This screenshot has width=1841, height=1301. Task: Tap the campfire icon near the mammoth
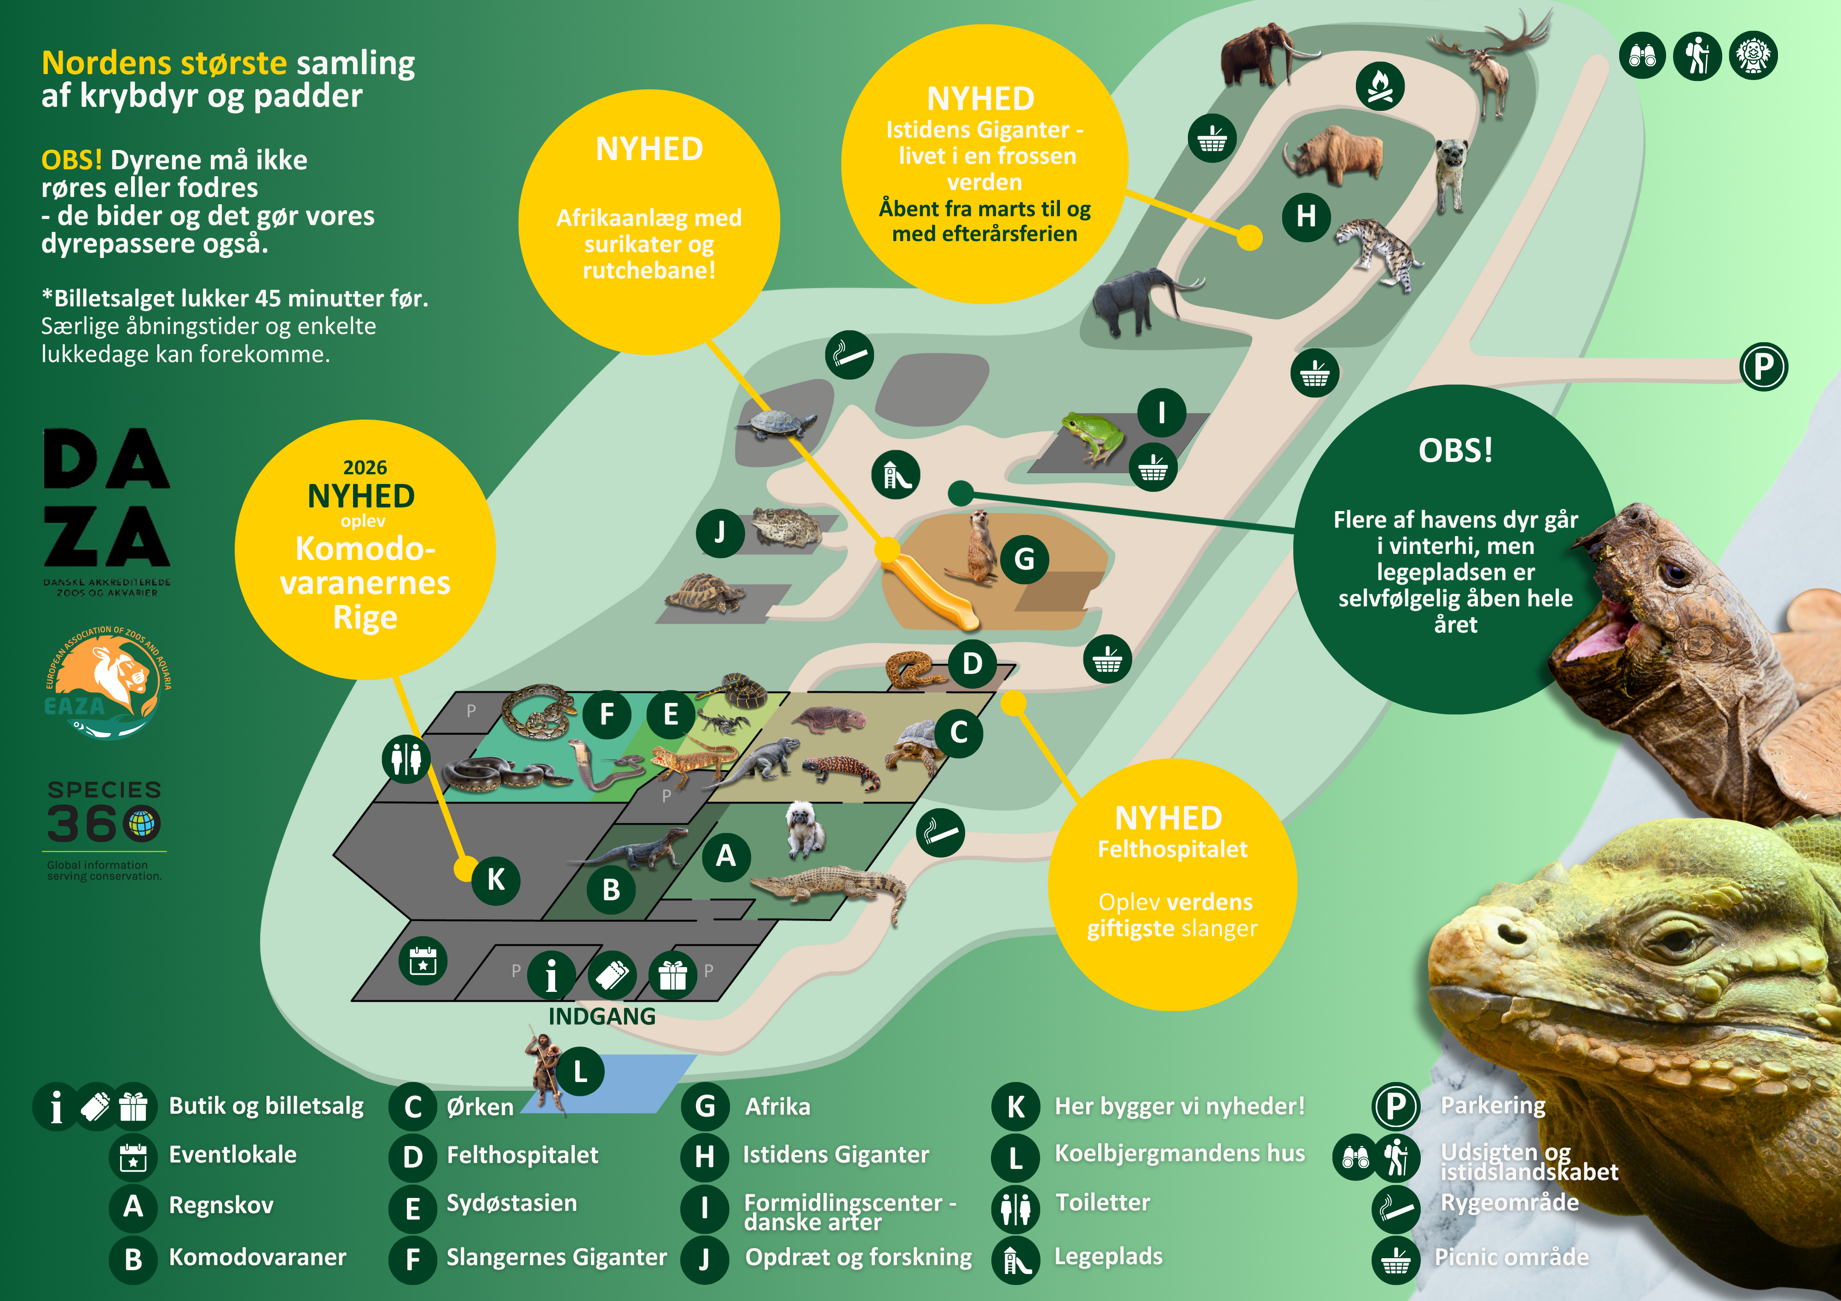(x=1379, y=86)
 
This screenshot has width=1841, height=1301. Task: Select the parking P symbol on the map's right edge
(x=1763, y=367)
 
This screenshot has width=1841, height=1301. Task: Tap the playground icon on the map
(x=896, y=475)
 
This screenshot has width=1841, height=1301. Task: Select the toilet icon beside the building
(x=406, y=758)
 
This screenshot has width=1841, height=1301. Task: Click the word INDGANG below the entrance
(x=602, y=1016)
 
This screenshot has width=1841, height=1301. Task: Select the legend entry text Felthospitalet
(x=522, y=1155)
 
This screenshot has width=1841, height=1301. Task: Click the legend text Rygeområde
(x=1509, y=1203)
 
